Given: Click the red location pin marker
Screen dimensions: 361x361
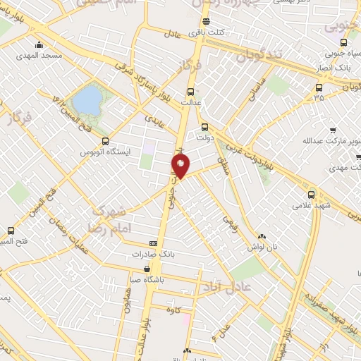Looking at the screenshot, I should [180, 166].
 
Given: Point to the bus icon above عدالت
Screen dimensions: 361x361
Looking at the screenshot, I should [190, 91].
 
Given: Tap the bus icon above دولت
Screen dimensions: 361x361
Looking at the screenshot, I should [204, 128].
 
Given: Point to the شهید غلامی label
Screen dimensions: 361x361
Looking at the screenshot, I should [312, 206].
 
